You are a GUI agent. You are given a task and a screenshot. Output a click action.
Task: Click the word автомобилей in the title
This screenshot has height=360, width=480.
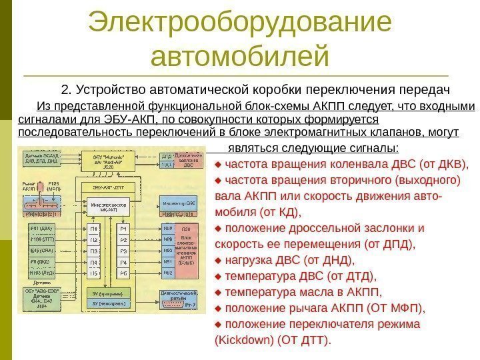[240, 56]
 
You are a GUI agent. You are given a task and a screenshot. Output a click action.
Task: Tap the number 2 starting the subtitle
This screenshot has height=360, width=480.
[64, 89]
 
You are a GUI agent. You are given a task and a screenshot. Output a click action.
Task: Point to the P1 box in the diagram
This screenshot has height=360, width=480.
[123, 229]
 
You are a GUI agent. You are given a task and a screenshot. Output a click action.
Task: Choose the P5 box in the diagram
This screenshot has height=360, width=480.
[123, 273]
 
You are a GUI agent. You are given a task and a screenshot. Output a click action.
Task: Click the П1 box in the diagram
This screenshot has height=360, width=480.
[94, 229]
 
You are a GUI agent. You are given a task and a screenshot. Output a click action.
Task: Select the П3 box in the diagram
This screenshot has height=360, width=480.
[94, 251]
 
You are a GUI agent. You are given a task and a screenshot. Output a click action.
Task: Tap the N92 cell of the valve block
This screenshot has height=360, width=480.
[167, 273]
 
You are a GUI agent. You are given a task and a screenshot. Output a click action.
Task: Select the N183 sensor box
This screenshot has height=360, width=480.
[42, 273]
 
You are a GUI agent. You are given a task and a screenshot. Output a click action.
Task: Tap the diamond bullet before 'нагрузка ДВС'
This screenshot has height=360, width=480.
[219, 260]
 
